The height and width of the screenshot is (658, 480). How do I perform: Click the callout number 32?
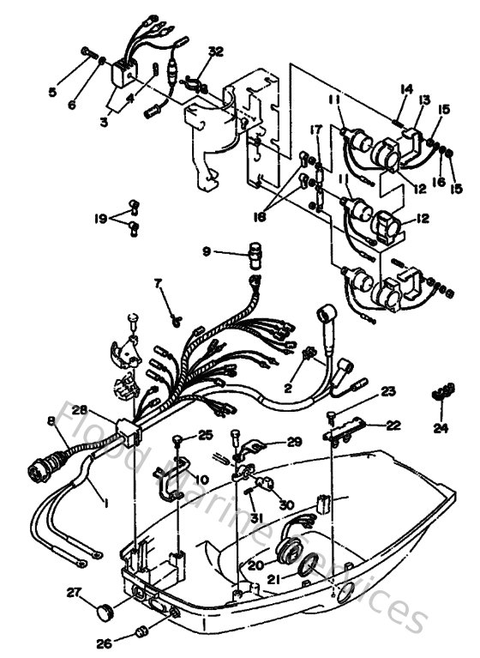[x=215, y=51]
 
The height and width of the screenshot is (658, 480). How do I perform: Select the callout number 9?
[x=206, y=251]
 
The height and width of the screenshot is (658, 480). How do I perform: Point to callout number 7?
[x=157, y=283]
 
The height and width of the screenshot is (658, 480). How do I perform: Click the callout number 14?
[x=406, y=88]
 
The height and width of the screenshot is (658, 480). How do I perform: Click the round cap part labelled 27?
[x=105, y=611]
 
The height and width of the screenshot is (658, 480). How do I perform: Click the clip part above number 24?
[x=441, y=394]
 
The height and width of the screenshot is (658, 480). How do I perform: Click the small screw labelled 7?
[x=175, y=320]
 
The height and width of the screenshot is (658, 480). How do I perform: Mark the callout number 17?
[x=315, y=130]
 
